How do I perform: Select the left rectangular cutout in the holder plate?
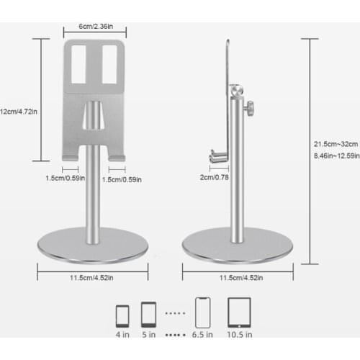[x=81, y=63]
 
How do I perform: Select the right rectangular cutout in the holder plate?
[x=109, y=63]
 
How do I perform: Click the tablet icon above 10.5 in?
[x=239, y=313]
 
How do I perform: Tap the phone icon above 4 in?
[x=122, y=315]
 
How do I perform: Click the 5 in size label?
[x=148, y=334]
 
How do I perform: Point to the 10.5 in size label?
[x=240, y=334]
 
